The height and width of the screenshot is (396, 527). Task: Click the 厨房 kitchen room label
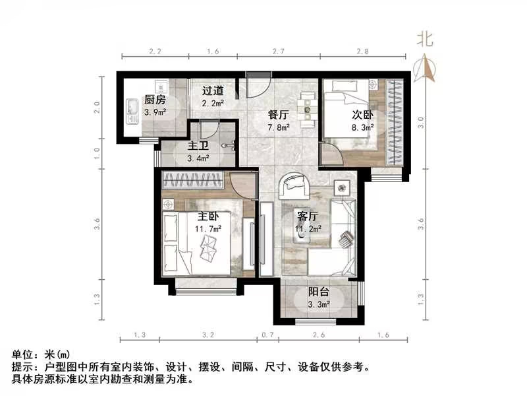[155, 100]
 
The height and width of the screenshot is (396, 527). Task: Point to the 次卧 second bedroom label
[362, 114]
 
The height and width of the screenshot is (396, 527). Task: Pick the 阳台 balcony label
[319, 292]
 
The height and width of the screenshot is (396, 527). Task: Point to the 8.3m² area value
[362, 126]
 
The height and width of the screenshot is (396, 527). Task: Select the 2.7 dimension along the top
[278, 51]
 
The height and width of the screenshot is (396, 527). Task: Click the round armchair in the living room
[294, 185]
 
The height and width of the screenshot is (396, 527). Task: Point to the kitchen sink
[130, 112]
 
